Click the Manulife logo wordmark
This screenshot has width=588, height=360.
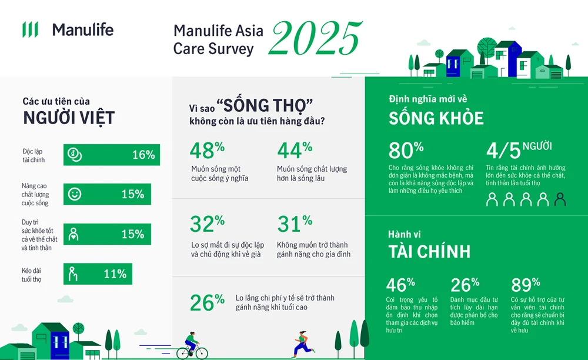point(82,29)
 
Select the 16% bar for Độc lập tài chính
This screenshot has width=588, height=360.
point(111,155)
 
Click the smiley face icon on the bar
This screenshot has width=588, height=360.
point(75,194)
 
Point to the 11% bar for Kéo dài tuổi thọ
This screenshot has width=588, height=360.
point(98,274)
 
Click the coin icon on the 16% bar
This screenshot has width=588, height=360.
point(75,155)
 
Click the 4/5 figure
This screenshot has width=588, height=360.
point(504,151)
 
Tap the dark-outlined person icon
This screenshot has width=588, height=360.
point(560,200)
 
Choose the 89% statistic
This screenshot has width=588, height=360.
point(526,285)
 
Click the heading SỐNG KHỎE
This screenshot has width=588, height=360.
point(436,118)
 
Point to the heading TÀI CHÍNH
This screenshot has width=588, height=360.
point(429,252)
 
